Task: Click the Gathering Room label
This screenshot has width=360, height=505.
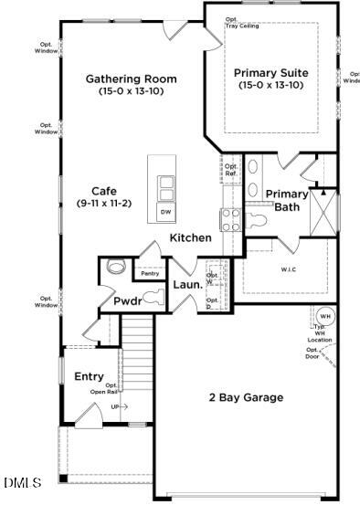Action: coord(132,79)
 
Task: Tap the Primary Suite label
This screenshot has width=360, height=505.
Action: coord(270,73)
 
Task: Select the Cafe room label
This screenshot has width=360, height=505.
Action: coord(103,191)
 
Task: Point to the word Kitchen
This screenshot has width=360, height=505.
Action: coord(190,237)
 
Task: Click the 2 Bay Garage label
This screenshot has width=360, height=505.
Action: coord(246,397)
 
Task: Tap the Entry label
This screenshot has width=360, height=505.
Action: coord(89,376)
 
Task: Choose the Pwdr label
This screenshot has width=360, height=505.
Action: coord(127,301)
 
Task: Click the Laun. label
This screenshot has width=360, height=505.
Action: coord(187,285)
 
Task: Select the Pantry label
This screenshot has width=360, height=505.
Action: coord(149,273)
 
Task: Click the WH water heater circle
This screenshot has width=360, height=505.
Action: coord(325,316)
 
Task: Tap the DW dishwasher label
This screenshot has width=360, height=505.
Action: coord(166,212)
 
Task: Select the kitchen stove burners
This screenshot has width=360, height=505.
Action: coord(229,218)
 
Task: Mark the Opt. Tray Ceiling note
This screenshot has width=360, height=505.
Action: coord(241,23)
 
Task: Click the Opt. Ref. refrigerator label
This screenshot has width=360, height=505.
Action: coord(231,170)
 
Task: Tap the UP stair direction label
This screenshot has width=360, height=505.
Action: coord(115,406)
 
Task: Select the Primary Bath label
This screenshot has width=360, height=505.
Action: coord(287,200)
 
